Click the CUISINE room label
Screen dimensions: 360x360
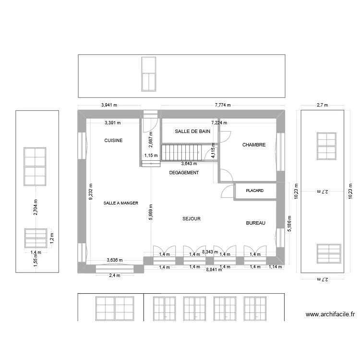114,141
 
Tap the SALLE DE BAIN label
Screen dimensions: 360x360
192,131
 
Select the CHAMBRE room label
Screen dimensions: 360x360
254,144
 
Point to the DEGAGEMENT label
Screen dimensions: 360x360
184,173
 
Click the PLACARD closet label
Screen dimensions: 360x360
254,191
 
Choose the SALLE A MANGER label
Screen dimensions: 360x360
120,204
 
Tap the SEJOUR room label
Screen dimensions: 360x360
191,219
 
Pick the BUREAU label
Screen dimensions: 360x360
255,223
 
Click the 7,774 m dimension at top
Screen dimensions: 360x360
223,105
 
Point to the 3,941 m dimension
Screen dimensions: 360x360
110,105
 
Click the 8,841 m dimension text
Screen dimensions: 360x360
214,270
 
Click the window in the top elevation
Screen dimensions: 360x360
148,74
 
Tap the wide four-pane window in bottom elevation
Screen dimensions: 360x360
115,307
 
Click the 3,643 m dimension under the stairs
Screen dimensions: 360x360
189,164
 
